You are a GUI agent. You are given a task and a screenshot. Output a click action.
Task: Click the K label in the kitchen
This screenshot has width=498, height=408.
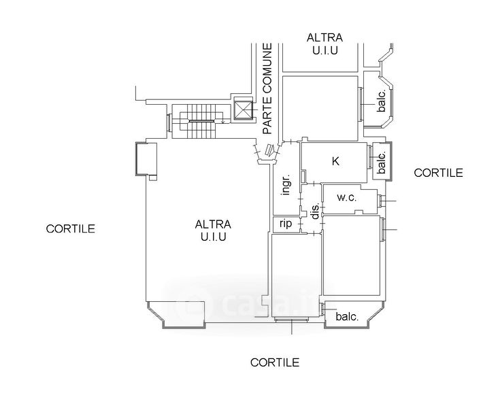[335, 162]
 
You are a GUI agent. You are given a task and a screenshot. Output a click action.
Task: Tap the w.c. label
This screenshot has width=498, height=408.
[348, 198]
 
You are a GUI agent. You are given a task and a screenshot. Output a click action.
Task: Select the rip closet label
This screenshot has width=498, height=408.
[286, 224]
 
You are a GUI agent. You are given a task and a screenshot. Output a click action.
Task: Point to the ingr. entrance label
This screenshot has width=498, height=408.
[287, 183]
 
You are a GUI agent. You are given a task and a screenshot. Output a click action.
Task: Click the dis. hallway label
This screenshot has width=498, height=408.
[315, 212]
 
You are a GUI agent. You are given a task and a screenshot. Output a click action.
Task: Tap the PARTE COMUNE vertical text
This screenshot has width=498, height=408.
[267, 88]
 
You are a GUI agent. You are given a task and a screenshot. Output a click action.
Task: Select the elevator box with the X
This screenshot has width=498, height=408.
[243, 111]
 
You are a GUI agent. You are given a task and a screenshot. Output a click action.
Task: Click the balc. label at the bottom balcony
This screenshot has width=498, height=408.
[348, 316]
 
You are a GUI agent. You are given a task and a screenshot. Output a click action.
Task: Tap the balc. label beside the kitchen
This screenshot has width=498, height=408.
[381, 161]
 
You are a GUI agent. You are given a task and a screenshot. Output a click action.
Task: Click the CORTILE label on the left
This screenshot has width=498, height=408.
[70, 228]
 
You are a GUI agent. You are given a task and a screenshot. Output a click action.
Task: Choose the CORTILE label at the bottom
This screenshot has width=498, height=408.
[274, 362]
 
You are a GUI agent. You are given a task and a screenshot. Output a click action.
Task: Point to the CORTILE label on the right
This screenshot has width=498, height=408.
[438, 173]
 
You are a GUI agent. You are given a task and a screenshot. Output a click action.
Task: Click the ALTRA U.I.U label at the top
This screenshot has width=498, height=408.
[325, 44]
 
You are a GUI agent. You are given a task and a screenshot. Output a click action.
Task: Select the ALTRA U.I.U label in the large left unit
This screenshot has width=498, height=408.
[213, 230]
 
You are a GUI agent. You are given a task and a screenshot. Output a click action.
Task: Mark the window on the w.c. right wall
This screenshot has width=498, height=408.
[381, 201]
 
